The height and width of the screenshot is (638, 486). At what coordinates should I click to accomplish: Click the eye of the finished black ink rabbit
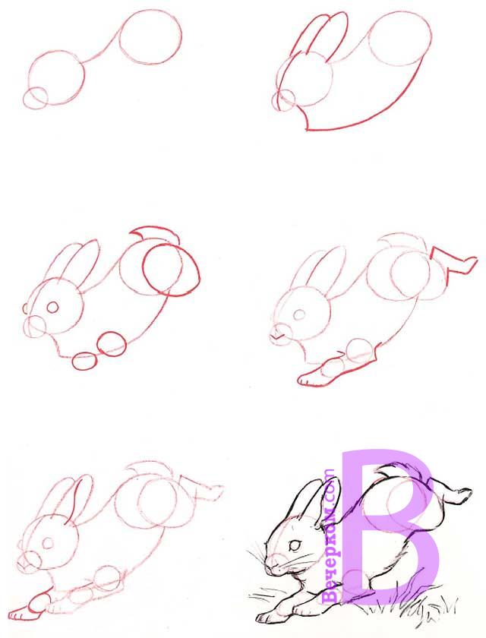click(295, 545)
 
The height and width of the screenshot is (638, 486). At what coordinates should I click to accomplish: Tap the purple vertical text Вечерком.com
click(329, 536)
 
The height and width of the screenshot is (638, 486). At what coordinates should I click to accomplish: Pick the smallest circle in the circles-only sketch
click(36, 98)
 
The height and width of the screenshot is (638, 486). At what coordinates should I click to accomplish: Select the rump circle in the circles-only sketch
click(150, 37)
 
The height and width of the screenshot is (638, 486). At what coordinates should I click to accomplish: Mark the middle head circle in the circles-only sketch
click(57, 77)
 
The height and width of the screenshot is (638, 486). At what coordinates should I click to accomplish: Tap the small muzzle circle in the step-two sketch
click(283, 99)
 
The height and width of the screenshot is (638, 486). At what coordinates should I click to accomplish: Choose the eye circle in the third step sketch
click(52, 307)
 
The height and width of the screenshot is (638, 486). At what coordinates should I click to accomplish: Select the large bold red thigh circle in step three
click(171, 270)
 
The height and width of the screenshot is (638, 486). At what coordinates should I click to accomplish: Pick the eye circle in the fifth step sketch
click(48, 543)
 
